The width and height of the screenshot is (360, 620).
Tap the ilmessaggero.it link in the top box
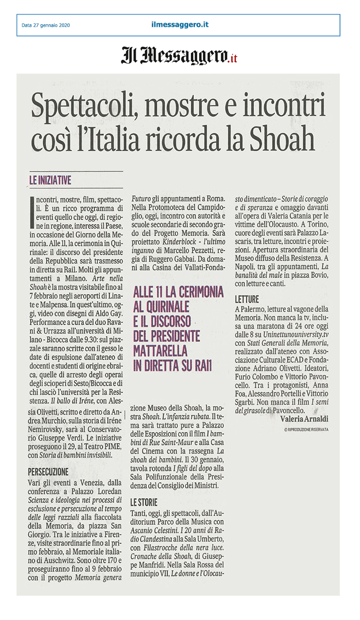pos(180,25)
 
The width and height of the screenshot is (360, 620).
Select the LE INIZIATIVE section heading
pos(50,180)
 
